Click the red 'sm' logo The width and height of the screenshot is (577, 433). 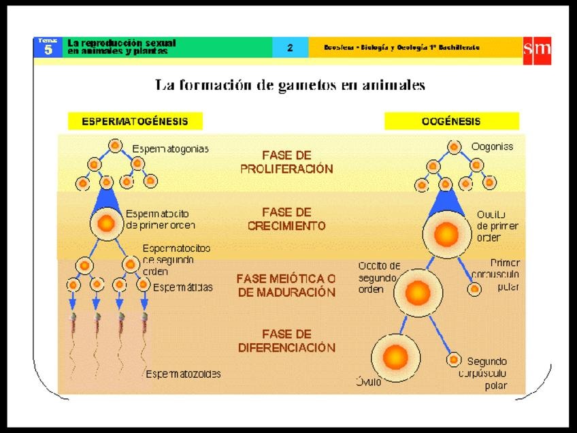click(x=536, y=50)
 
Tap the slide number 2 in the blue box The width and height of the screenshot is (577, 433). click(x=290, y=48)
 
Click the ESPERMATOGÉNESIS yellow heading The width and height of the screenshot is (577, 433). click(x=135, y=122)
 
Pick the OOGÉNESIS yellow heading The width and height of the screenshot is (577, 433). click(x=451, y=122)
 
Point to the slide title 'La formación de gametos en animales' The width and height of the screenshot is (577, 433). click(x=290, y=85)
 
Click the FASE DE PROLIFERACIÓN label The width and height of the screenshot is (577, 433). click(x=286, y=162)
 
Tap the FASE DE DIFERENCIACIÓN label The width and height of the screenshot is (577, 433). click(x=286, y=341)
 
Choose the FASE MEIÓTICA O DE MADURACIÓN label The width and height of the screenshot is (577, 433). click(x=286, y=285)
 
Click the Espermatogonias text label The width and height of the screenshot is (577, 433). click(x=171, y=148)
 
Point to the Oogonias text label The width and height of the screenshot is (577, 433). click(x=492, y=146)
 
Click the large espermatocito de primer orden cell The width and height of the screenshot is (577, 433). click(x=106, y=223)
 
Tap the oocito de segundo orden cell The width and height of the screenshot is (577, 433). click(x=418, y=293)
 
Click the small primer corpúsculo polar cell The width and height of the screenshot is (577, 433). click(x=476, y=289)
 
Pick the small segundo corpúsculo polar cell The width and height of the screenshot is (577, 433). click(x=454, y=359)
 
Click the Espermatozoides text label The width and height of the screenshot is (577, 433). click(x=183, y=374)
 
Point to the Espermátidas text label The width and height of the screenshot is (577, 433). click(x=182, y=287)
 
